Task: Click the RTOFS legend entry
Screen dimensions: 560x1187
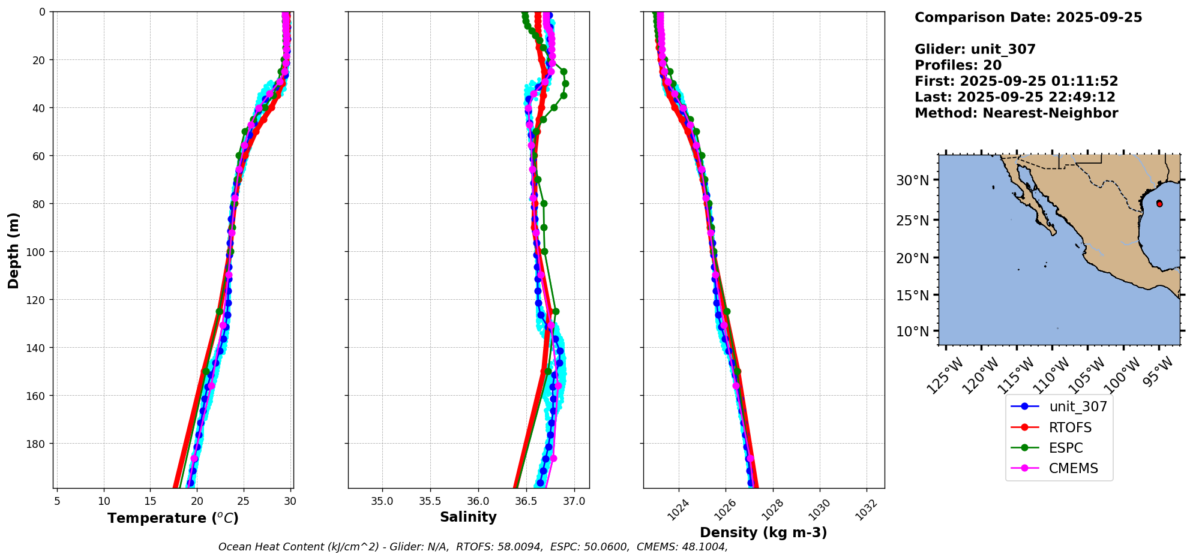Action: [1070, 427]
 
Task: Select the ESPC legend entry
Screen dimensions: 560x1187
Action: [1066, 448]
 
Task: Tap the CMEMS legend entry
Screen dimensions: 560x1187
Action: [1073, 468]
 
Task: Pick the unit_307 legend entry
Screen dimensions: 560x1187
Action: [1078, 407]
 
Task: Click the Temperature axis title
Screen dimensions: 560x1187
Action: [173, 518]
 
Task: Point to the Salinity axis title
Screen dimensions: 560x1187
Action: [468, 517]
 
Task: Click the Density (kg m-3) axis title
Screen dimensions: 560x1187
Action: [763, 532]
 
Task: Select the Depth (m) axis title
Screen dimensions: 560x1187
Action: [13, 250]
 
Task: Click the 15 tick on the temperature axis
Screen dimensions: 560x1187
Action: [150, 501]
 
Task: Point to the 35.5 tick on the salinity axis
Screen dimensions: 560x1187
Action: [430, 501]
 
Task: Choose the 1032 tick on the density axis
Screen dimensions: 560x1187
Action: [867, 510]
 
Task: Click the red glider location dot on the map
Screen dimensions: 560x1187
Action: [1159, 204]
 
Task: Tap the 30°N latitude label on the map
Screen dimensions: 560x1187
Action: [912, 180]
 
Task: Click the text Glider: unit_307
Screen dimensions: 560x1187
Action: [975, 49]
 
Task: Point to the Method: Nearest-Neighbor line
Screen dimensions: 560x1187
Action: [1016, 113]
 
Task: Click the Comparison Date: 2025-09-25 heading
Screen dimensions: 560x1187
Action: [1028, 17]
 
